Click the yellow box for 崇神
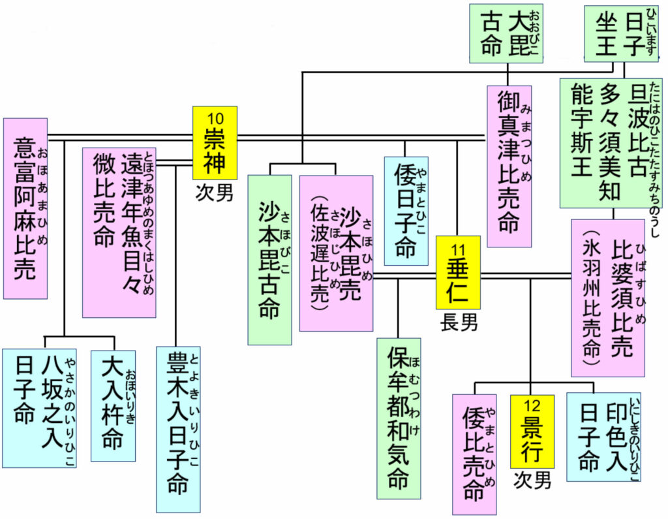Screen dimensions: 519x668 point(215,143)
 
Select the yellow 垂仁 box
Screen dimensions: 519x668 point(458,272)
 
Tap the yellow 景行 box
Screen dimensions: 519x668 point(532,431)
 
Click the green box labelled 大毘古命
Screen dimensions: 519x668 point(506,33)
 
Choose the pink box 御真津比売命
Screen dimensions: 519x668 point(509,166)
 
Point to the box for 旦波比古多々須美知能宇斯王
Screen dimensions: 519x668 point(611,142)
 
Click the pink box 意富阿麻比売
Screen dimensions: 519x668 point(25,208)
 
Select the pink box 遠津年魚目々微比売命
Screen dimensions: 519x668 point(119,232)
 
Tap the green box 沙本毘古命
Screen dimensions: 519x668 point(269,259)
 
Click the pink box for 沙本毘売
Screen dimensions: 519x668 point(336,253)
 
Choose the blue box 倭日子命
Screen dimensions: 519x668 point(406,211)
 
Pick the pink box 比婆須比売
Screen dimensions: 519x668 point(607,298)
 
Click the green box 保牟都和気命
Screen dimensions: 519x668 point(398,418)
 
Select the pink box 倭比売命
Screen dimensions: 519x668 point(474,454)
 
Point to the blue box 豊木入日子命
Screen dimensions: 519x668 point(177,429)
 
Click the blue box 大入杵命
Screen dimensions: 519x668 point(113,405)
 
